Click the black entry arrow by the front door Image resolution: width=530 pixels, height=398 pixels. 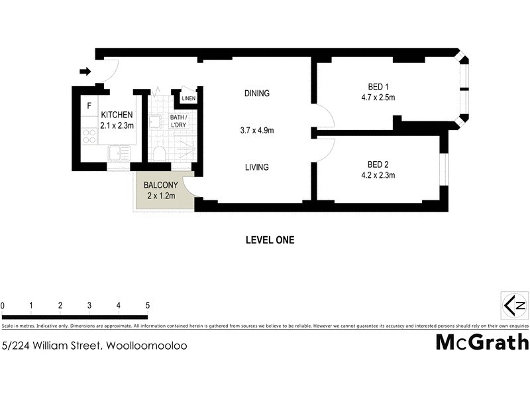[84, 72]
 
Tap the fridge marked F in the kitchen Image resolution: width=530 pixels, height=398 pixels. [89, 105]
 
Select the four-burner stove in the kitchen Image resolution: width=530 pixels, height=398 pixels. [89, 136]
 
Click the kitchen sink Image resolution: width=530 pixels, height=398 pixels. [118, 154]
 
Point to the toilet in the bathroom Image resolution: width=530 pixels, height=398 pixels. [159, 154]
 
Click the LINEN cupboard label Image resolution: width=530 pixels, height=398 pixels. [189, 99]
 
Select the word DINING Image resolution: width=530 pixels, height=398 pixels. [256, 94]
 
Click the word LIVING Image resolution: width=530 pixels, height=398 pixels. [256, 167]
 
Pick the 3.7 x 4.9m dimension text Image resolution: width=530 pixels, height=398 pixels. [256, 131]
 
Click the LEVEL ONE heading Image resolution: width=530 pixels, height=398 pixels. [270, 240]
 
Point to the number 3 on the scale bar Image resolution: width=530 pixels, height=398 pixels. [89, 306]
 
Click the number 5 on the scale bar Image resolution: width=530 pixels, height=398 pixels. [147, 306]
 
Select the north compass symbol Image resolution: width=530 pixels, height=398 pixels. [515, 305]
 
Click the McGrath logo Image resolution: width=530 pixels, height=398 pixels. [482, 342]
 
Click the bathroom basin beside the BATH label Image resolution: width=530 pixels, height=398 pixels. [154, 121]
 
